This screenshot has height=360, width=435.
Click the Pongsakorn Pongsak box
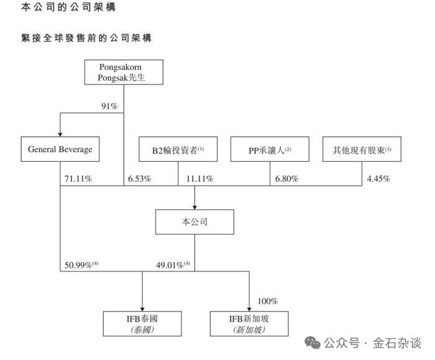coord(124,72)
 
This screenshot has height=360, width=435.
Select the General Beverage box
coord(60,149)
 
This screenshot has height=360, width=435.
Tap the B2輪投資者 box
coord(178,149)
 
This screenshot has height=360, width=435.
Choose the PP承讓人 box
coord(270,149)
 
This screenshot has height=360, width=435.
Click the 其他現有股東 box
coord(362,149)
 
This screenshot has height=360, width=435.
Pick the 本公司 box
coord(195,222)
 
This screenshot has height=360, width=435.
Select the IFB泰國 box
coord(142,324)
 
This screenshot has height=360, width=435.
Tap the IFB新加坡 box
coord(249,324)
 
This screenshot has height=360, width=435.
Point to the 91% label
coord(109,106)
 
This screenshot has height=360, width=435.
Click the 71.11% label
coord(78,178)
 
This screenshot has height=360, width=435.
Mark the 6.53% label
coord(140,178)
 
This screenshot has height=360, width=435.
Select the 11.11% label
coord(199,178)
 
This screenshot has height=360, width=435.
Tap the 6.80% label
coord(286,178)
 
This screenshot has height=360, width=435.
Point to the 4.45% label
coord(378,178)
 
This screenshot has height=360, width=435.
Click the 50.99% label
coord(81,265)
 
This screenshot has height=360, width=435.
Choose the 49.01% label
coord(173,265)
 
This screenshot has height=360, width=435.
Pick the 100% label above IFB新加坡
coord(268,301)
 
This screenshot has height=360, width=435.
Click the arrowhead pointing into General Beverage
coord(60,135)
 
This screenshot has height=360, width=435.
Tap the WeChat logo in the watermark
coord(313,343)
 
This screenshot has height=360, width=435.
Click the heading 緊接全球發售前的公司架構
coord(86,38)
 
